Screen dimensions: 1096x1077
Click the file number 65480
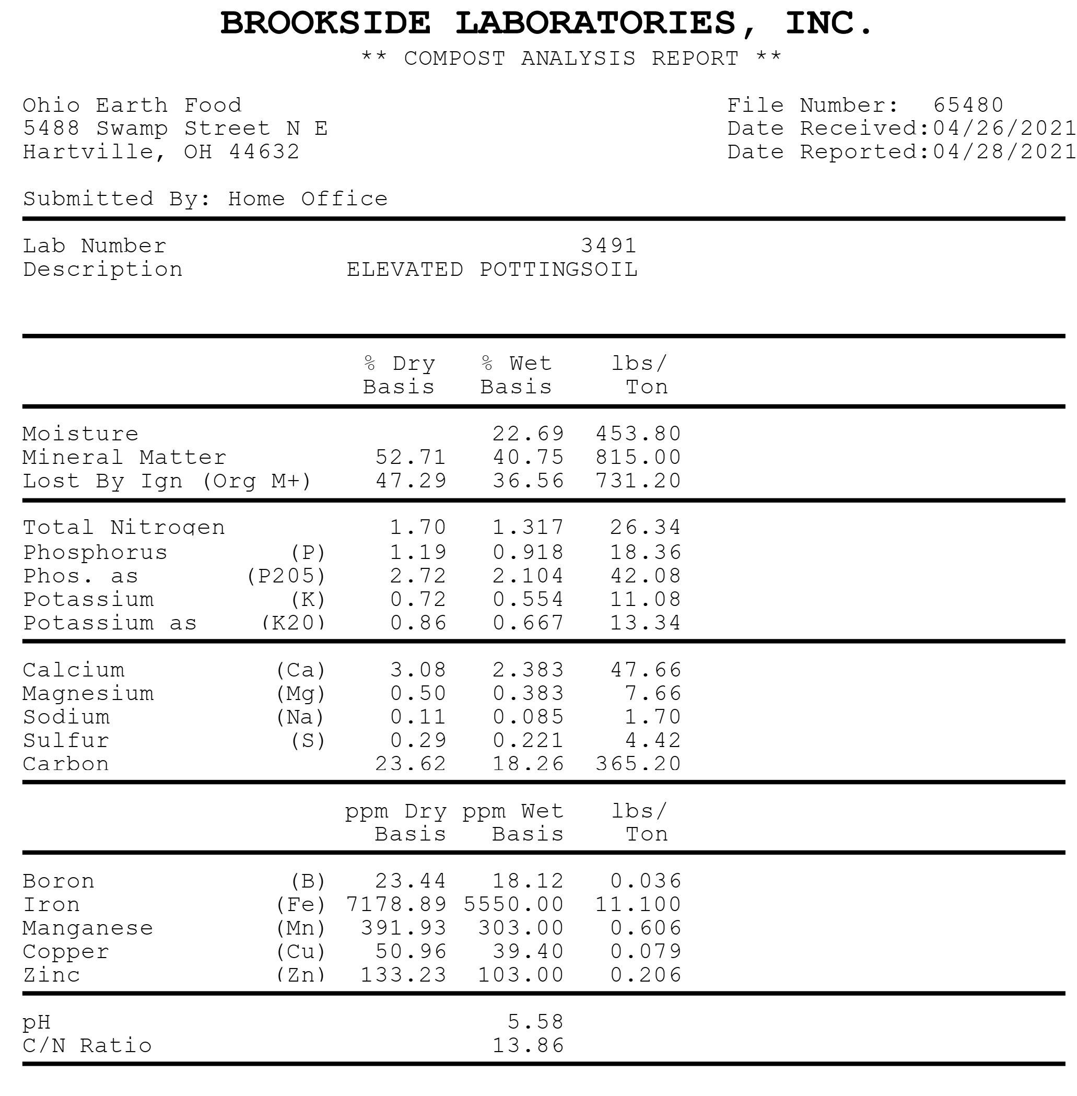[x=968, y=105]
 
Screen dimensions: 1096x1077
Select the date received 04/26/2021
[x=1003, y=129]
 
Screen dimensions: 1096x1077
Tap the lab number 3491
[x=608, y=246]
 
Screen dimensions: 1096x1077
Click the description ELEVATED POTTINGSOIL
[x=492, y=270]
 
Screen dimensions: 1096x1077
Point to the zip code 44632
[x=264, y=151]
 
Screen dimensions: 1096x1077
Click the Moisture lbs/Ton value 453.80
[x=638, y=434]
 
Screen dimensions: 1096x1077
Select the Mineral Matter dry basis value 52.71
[x=411, y=457]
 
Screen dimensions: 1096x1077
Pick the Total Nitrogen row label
[x=124, y=527]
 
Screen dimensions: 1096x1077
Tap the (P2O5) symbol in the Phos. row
[x=286, y=576]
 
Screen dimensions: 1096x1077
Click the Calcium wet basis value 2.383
[x=529, y=670]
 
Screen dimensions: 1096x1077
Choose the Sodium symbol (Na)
[x=300, y=717]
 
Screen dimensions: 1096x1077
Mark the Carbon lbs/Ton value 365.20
[x=638, y=764]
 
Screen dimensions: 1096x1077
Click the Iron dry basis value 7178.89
[x=396, y=904]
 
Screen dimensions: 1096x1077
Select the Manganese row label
[x=88, y=928]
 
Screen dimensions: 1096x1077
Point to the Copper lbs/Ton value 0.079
[x=646, y=951]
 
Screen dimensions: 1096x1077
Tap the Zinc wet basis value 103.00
[x=521, y=975]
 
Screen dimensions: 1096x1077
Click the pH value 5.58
[x=536, y=1022]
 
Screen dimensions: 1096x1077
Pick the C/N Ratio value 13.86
[x=529, y=1045]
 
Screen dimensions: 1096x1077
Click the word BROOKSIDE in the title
[x=325, y=24]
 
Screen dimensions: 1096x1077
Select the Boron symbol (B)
[x=308, y=881]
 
